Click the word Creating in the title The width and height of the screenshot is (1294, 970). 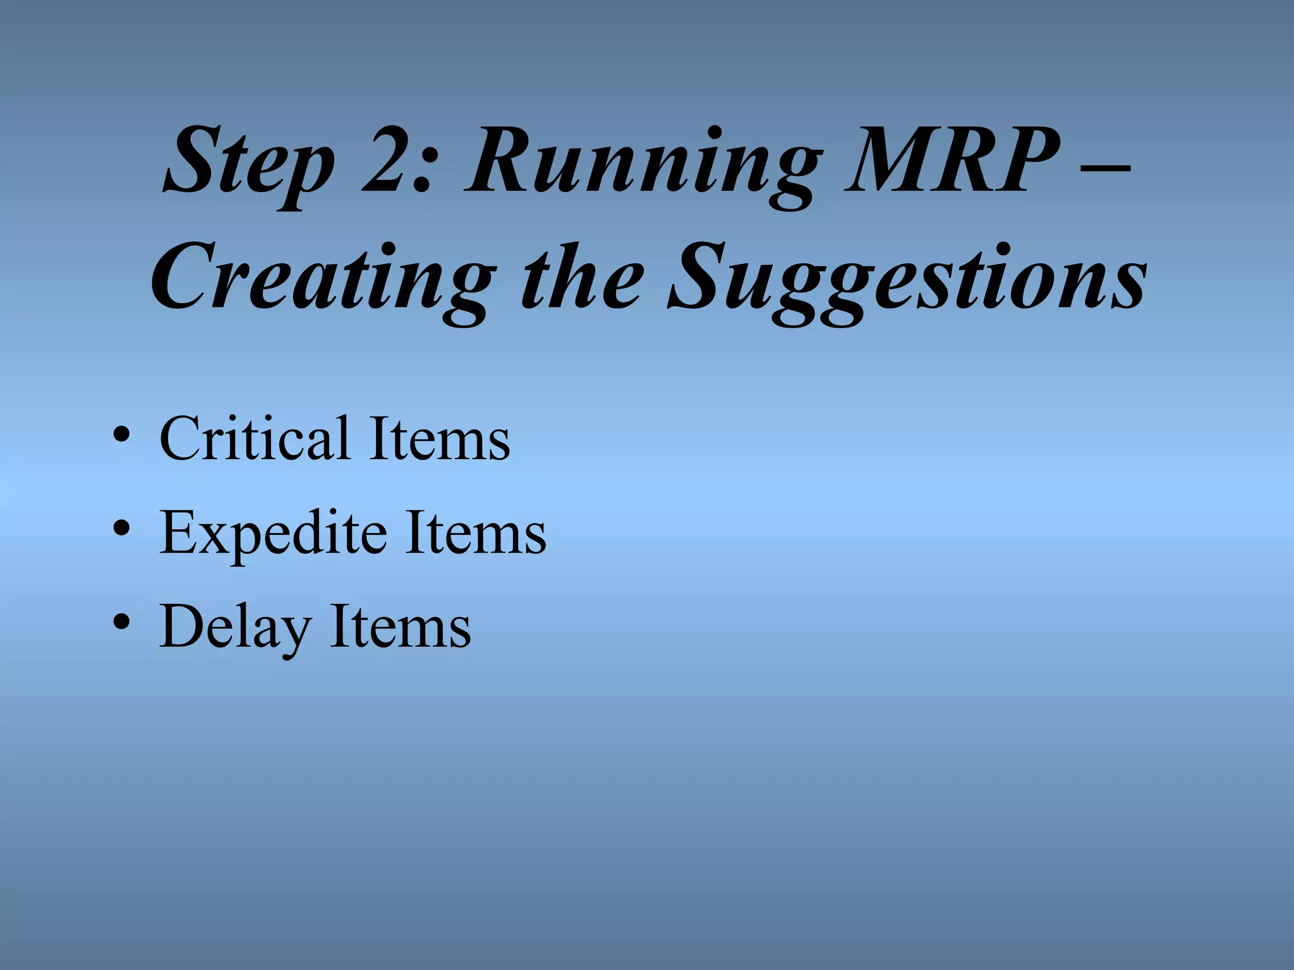322,278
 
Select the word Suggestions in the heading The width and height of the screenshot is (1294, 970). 907,278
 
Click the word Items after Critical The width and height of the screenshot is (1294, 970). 440,438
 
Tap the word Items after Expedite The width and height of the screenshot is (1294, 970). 475,532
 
